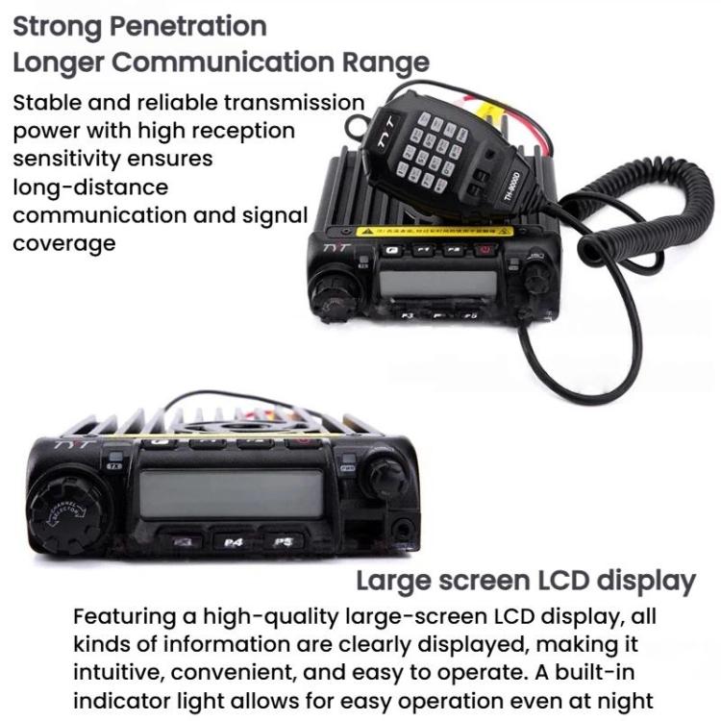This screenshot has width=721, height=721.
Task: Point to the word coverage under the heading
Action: (x=63, y=243)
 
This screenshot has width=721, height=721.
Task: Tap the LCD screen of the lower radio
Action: (x=231, y=494)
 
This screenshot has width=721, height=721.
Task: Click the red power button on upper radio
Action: (x=485, y=251)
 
